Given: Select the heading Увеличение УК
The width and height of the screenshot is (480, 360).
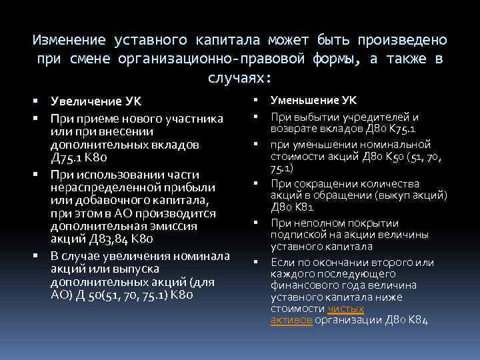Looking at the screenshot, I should coord(97,102).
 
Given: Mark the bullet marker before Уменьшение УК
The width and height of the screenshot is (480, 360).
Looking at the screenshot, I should coord(255,101).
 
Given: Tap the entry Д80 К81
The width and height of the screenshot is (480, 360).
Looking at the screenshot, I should coord(292,207).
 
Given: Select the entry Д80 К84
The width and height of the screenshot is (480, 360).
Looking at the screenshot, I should coord(407,320).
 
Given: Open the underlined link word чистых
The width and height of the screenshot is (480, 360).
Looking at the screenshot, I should coord(346,309).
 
